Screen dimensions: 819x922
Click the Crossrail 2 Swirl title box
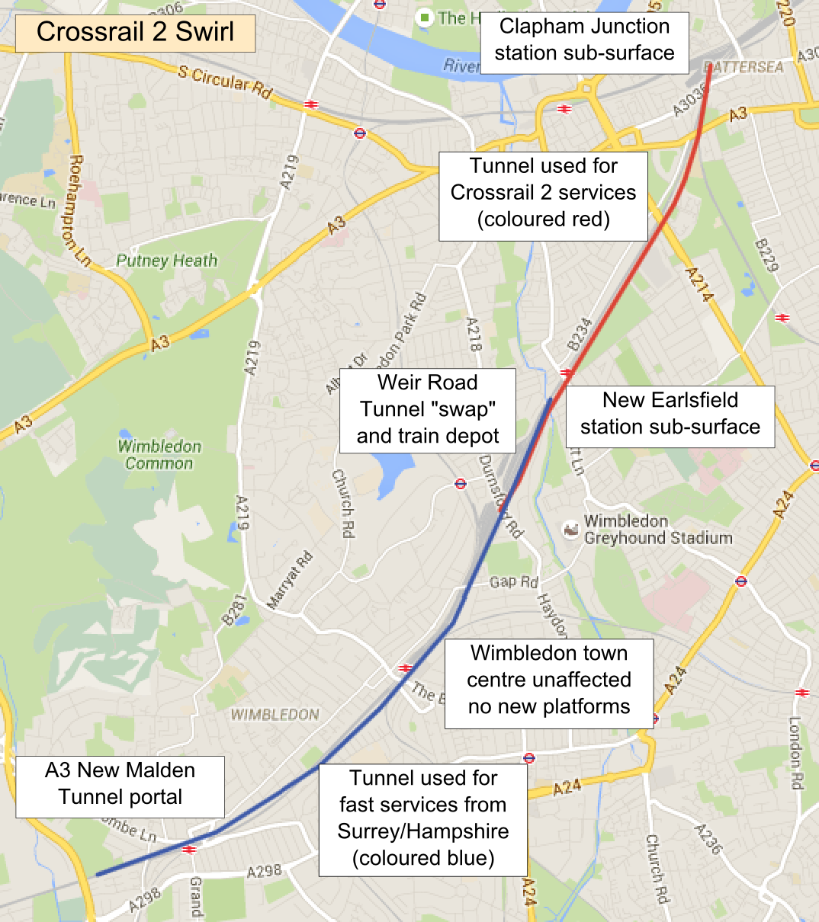[135, 32]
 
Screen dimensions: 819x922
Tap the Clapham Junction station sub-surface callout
[584, 40]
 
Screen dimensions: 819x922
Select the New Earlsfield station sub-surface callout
[670, 414]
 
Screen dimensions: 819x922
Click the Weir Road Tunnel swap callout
[427, 409]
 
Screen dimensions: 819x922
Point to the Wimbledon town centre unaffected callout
[549, 680]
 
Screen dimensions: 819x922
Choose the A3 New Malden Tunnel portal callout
[120, 784]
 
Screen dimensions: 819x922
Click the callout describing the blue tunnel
[422, 818]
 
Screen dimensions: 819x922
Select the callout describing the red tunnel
[543, 193]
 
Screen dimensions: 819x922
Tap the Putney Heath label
[167, 261]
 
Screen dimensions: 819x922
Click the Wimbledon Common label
[160, 455]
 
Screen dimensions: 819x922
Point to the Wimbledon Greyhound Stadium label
[657, 530]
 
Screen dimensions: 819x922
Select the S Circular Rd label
[225, 82]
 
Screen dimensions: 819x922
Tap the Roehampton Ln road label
[79, 210]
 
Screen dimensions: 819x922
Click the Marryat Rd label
[291, 581]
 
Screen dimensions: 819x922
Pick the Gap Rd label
[513, 582]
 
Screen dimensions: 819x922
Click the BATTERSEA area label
[744, 67]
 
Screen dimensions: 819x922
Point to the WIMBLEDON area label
[275, 715]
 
